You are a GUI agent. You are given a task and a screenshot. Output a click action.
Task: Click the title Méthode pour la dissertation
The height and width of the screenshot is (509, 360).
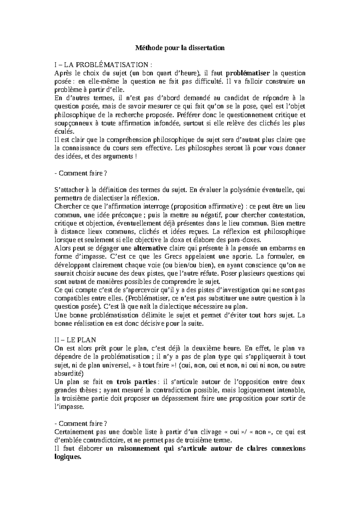[180, 48]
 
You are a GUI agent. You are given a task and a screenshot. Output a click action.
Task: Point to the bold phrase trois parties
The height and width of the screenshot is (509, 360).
[136, 382]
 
